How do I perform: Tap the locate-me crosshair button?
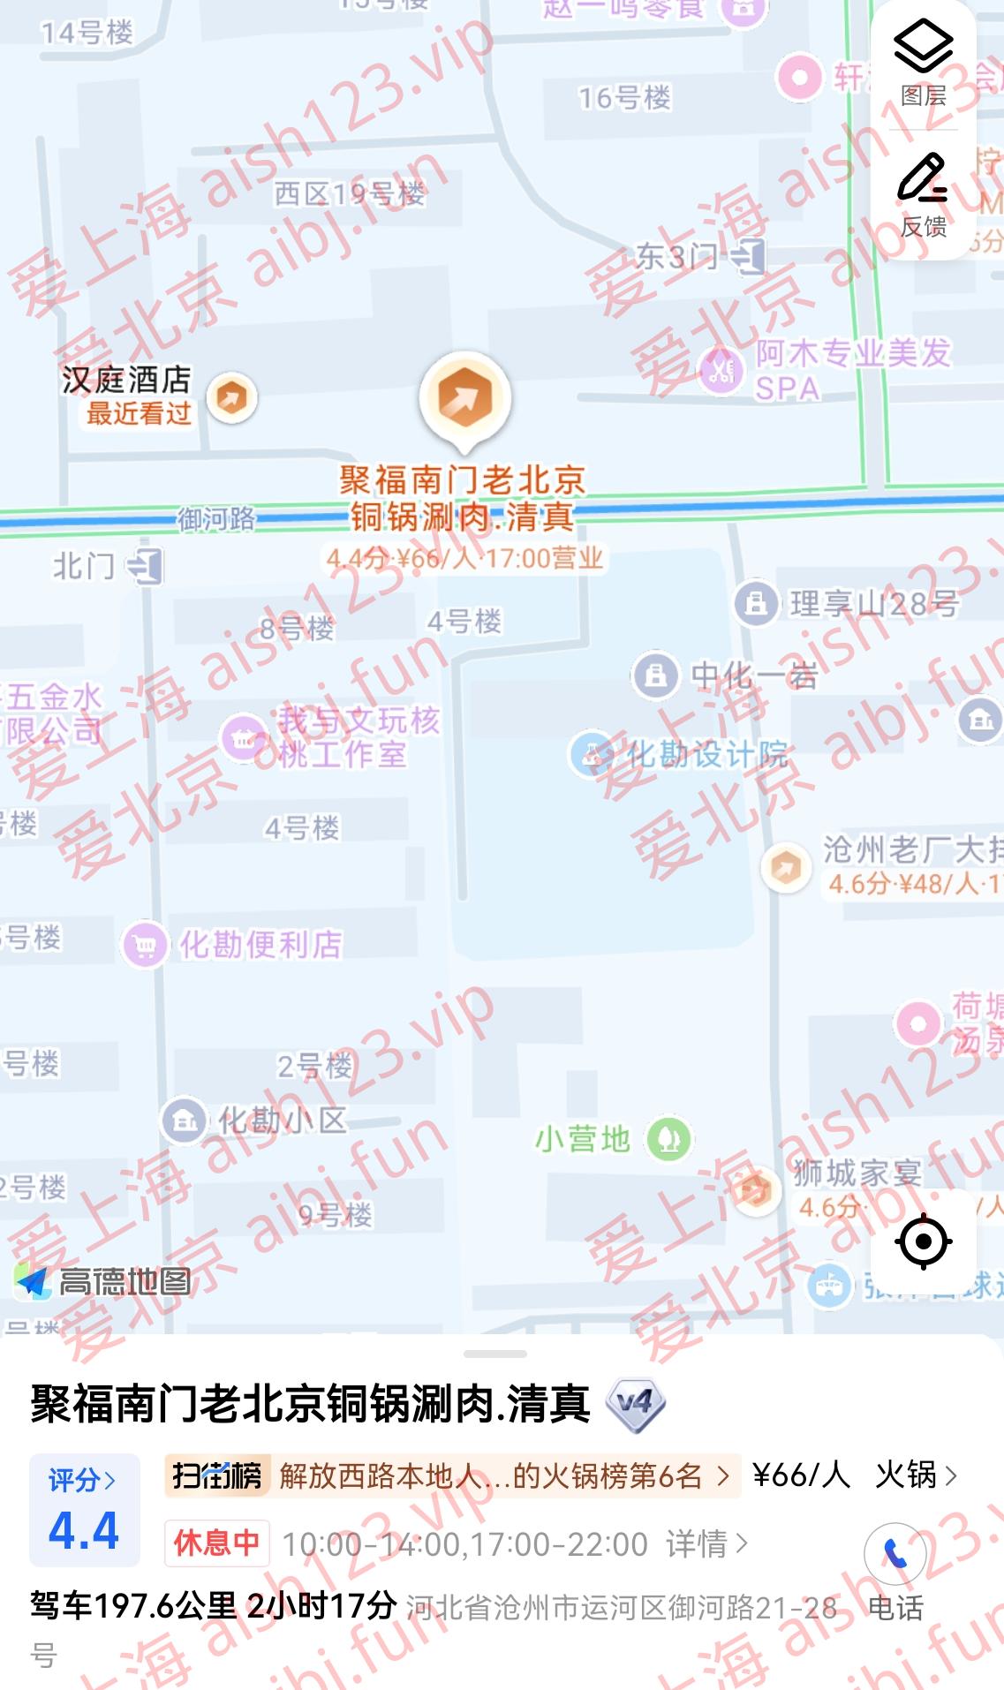(x=924, y=1241)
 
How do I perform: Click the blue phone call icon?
(x=895, y=1554)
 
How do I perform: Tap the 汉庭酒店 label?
(x=126, y=381)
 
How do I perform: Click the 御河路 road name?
(x=216, y=519)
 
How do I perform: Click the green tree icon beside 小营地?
(x=668, y=1139)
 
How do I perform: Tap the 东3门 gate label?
(x=676, y=258)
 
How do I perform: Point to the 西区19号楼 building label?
(x=350, y=193)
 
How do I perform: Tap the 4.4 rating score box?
(x=84, y=1510)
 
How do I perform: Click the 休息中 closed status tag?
(x=217, y=1543)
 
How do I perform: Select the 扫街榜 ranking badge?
(x=217, y=1475)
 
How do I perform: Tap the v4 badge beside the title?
(x=636, y=1405)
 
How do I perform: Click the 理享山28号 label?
(x=873, y=604)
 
